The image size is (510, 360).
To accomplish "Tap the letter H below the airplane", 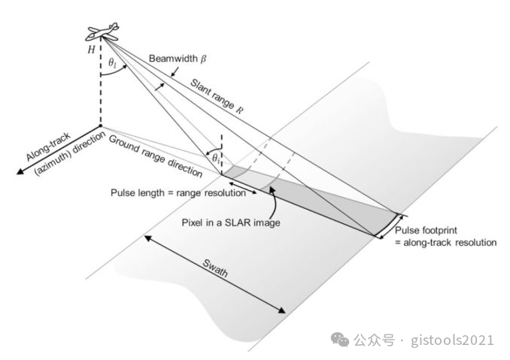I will (91, 50).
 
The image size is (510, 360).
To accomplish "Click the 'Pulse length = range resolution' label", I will (178, 193).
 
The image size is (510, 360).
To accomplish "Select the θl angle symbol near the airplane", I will (111, 65).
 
